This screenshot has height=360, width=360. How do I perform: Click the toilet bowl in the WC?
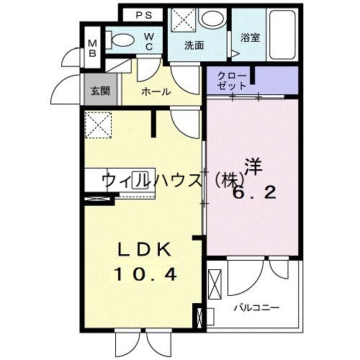[125, 40]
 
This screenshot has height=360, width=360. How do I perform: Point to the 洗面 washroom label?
[194, 45]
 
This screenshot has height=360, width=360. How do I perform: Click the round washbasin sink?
[212, 19]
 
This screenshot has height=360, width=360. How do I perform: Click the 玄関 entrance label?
[99, 91]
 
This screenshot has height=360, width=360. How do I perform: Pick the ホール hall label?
[156, 91]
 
